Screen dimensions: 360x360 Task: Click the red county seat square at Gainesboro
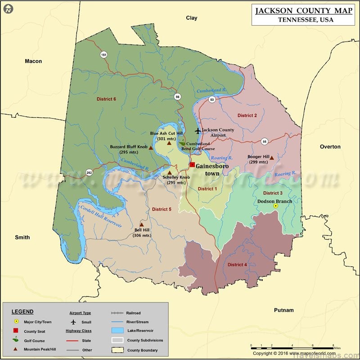[x=192, y=165]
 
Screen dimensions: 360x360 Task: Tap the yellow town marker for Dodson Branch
[x=276, y=206]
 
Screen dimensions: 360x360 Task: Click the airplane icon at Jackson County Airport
[x=198, y=131]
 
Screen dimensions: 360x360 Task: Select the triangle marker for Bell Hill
[x=141, y=225]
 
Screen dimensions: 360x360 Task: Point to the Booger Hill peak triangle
[x=272, y=157]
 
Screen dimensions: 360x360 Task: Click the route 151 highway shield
[x=104, y=55]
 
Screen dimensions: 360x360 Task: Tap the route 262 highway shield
[x=90, y=172]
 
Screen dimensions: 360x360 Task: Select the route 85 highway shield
[x=264, y=141]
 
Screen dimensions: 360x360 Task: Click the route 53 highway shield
[x=212, y=100]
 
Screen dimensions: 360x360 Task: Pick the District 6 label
[x=106, y=99]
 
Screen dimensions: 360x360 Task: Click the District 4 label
[x=237, y=265]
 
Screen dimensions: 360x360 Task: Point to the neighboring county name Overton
[x=330, y=147]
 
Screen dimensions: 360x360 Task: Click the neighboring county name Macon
[x=33, y=61]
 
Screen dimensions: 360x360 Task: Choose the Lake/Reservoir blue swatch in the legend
[x=117, y=331]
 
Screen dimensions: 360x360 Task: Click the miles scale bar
[x=292, y=347]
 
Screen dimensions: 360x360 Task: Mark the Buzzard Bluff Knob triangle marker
[x=151, y=148]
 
